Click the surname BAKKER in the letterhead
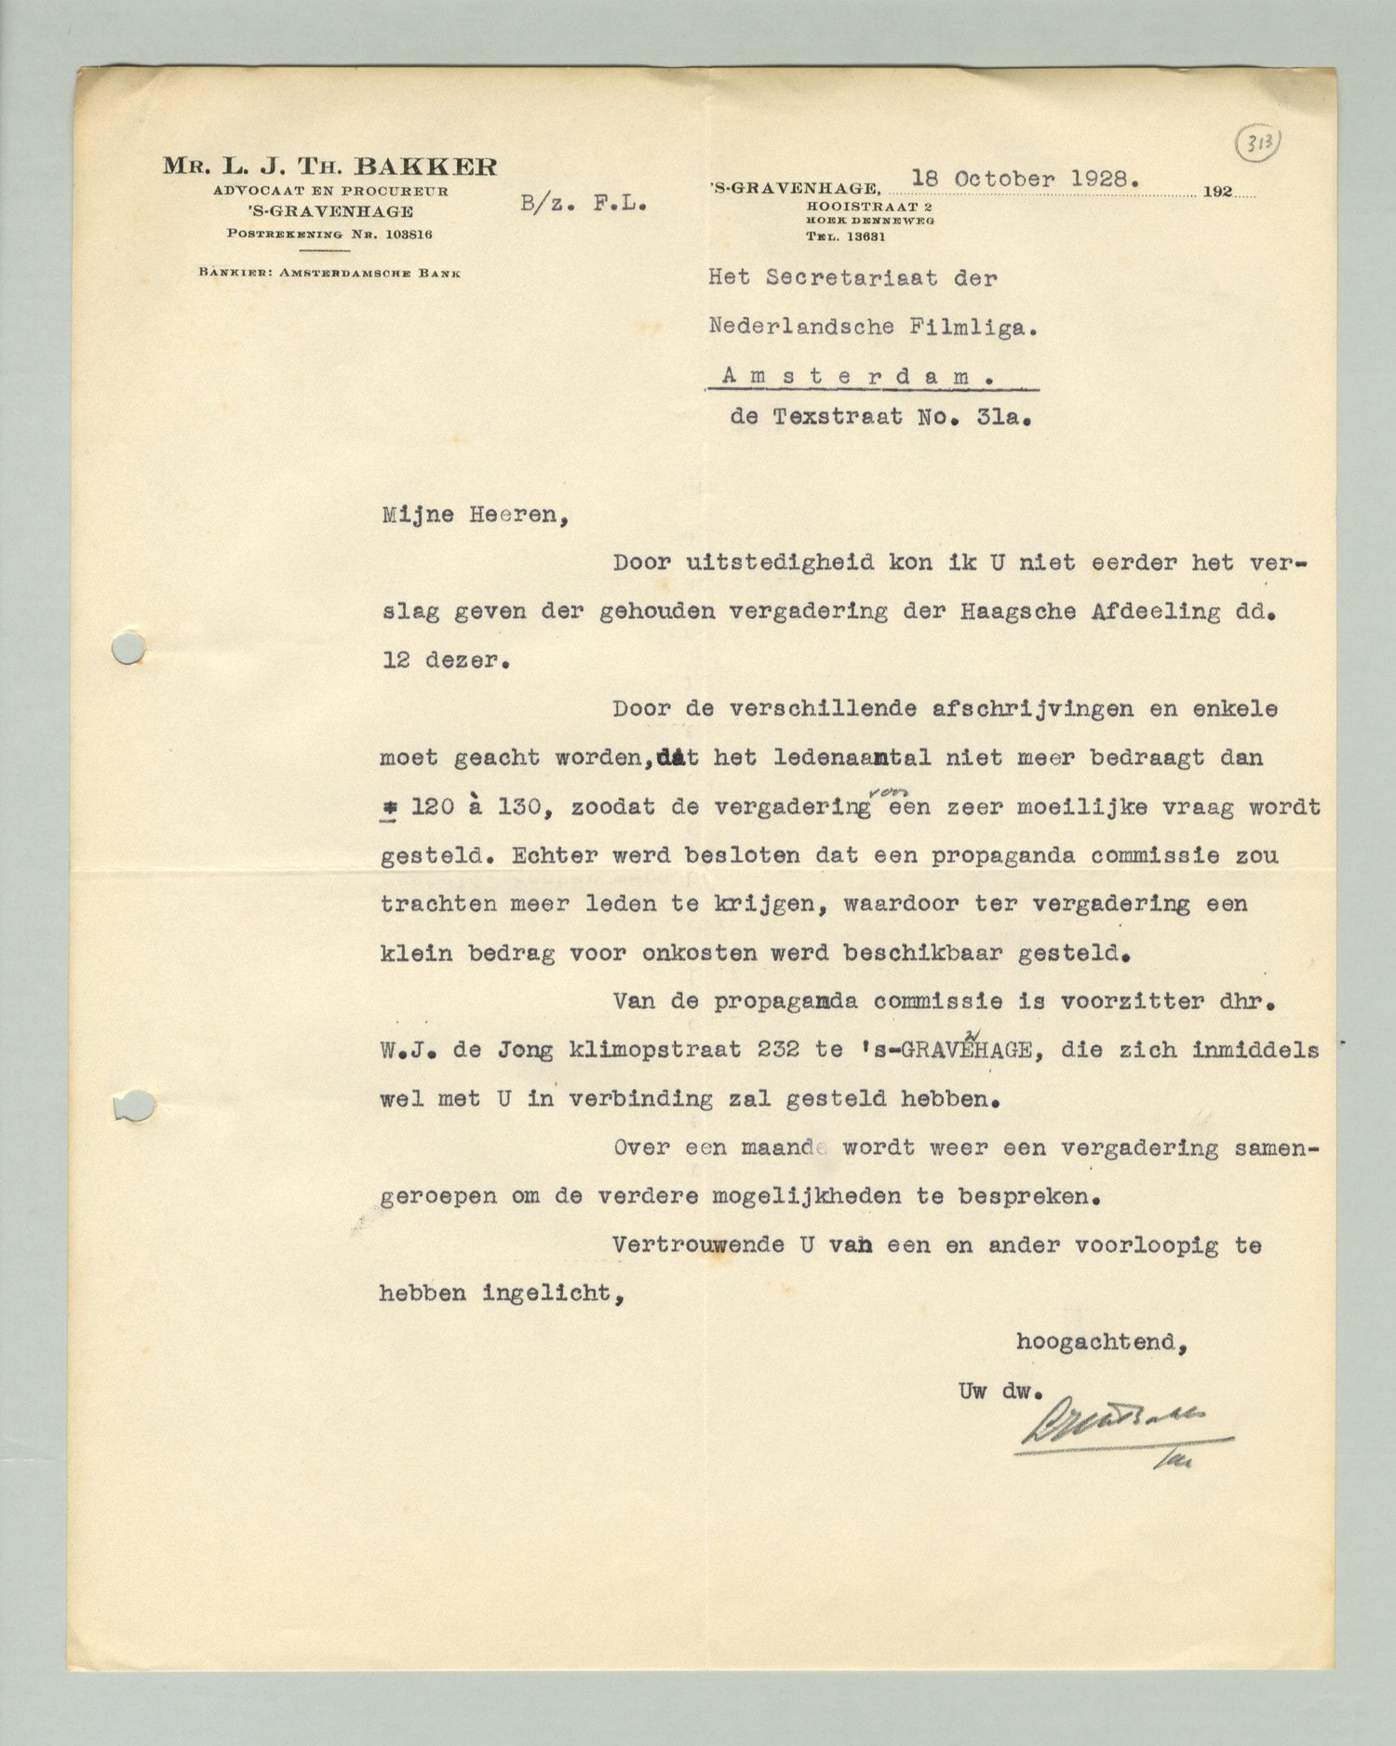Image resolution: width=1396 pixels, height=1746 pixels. [x=426, y=167]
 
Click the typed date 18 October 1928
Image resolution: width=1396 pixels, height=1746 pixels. [x=1027, y=180]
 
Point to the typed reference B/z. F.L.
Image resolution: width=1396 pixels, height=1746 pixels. [x=583, y=205]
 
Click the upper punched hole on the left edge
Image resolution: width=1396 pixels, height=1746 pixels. [x=128, y=648]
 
